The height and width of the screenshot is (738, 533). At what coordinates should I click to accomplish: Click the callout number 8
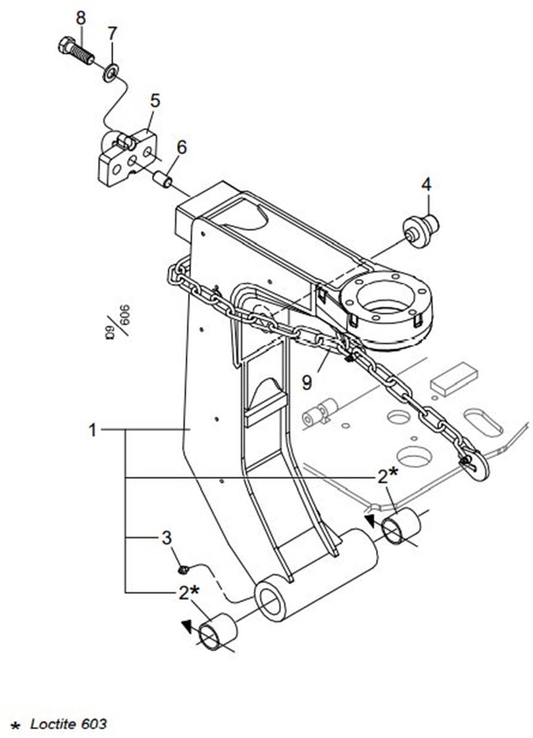coord(81,18)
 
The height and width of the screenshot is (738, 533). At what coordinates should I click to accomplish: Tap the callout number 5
coord(154,100)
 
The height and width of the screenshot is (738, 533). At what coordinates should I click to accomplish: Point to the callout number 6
coord(181,147)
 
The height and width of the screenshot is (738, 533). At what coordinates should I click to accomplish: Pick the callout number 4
coord(426,184)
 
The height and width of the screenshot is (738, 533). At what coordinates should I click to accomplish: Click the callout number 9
coord(307,382)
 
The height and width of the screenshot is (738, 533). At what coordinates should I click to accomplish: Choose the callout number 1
coord(92,430)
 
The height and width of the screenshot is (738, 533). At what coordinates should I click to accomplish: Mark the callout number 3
coord(166,538)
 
